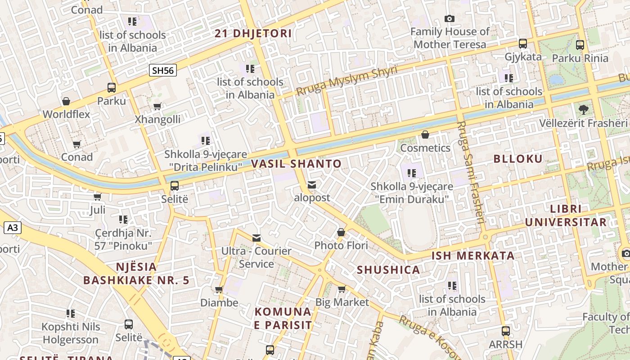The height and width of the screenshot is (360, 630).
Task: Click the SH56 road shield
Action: pos(163,70)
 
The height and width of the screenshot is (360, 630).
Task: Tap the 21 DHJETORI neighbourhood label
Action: pos(253,33)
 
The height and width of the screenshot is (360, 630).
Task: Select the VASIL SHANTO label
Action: pos(296,164)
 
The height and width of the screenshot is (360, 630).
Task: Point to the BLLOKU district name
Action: pos(518,158)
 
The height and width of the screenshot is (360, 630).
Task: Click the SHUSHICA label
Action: pos(388,270)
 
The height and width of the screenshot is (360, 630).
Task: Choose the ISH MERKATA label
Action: pos(473,256)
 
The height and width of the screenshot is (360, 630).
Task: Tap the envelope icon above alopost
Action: pos(311,185)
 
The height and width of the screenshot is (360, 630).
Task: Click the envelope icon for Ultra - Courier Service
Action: pos(256,238)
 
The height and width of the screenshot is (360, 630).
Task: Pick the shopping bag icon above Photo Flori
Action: pos(341,233)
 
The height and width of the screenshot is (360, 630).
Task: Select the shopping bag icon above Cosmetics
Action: pos(425,135)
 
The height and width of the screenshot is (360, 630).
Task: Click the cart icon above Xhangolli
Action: pos(157,107)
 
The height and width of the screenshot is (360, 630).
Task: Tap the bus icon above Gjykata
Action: pos(522,44)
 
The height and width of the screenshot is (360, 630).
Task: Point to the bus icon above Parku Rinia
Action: pos(580,45)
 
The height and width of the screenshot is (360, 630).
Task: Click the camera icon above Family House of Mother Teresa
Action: pos(449,19)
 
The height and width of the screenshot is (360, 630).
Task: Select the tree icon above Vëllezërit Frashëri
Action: pos(583,109)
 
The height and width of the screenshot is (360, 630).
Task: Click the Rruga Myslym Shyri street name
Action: pos(346,81)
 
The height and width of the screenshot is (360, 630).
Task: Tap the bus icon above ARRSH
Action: pos(505,331)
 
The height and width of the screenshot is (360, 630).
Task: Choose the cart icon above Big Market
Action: pos(342,289)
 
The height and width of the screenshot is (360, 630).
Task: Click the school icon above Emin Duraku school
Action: pos(411,173)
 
